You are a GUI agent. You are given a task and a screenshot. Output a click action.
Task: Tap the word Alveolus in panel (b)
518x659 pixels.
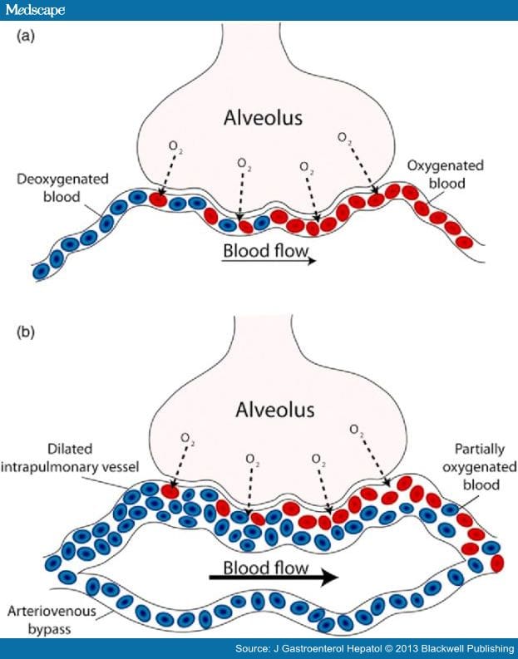point(259,410)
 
